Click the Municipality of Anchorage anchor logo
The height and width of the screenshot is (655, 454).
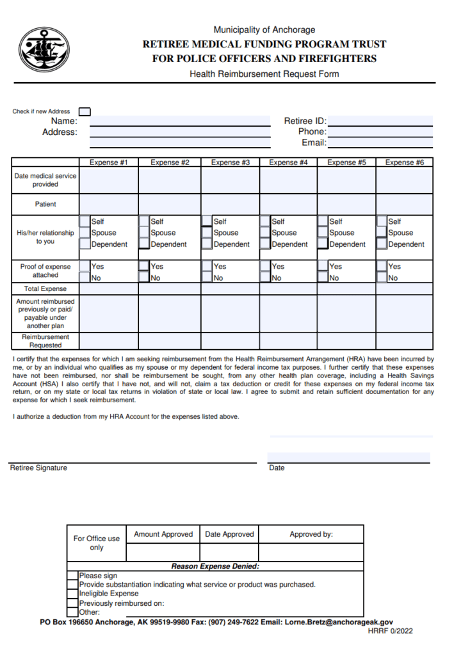pyautogui.click(x=44, y=50)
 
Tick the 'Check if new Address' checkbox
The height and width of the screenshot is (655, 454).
pyautogui.click(x=85, y=111)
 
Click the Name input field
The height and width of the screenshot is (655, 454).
pyautogui.click(x=179, y=121)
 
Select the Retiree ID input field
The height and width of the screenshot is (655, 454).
pyautogui.click(x=380, y=121)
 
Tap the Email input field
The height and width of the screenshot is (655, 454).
pyautogui.click(x=380, y=143)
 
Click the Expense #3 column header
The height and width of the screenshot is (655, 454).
pyautogui.click(x=230, y=162)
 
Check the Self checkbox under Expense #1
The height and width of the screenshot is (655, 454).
pyautogui.click(x=85, y=221)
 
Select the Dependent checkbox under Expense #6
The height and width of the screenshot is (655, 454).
pyautogui.click(x=382, y=244)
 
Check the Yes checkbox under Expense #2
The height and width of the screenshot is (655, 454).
pyautogui.click(x=144, y=266)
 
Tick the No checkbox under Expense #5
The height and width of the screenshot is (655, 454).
pyautogui.click(x=323, y=278)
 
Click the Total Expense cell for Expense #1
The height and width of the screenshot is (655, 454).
pyautogui.click(x=108, y=289)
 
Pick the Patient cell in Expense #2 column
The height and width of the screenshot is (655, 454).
pyautogui.click(x=169, y=204)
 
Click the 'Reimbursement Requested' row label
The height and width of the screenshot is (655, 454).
pyautogui.click(x=45, y=341)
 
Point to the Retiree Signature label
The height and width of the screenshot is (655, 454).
pyautogui.click(x=38, y=468)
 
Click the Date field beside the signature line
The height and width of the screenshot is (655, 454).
pyautogui.click(x=348, y=457)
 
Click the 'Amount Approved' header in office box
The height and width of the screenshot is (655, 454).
pyautogui.click(x=163, y=534)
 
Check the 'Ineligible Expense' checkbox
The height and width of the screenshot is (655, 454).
pyautogui.click(x=73, y=594)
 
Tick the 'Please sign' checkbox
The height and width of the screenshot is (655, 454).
pyautogui.click(x=73, y=576)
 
